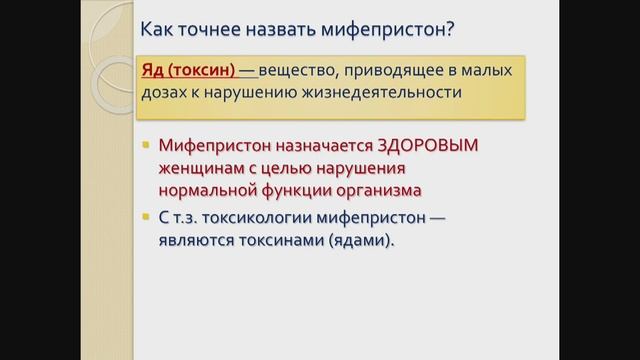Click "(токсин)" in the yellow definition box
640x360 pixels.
[x=201, y=71]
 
